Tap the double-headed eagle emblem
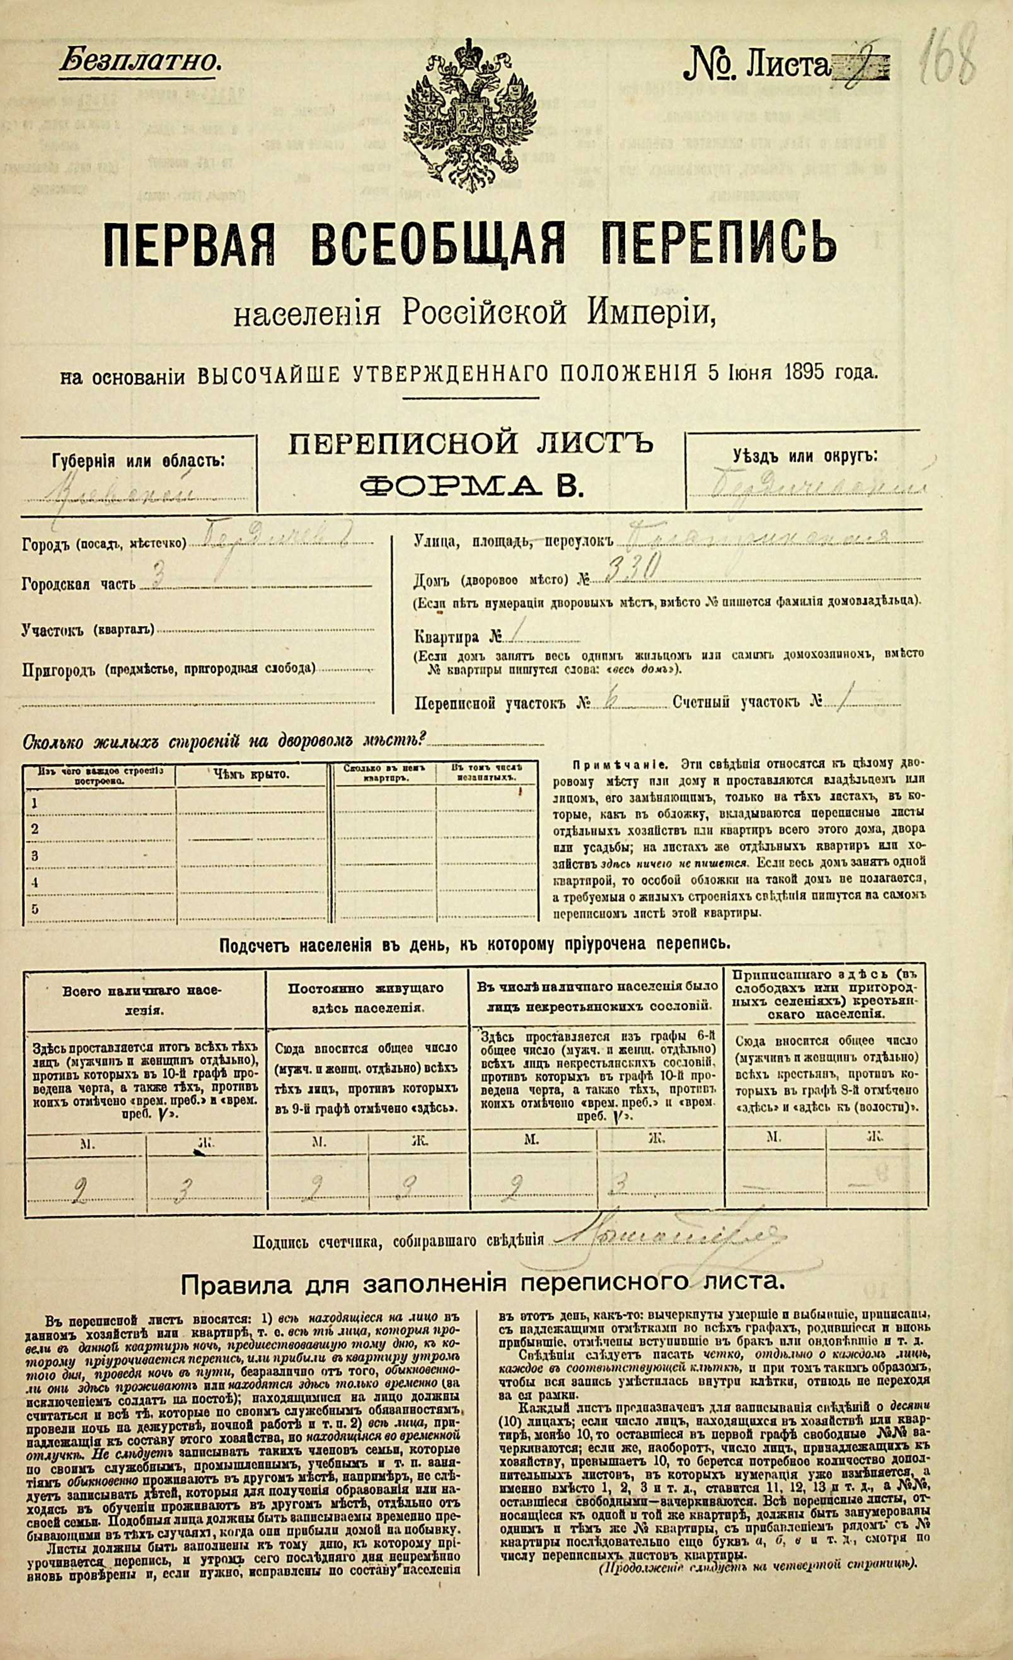click(x=469, y=114)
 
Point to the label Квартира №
click(x=457, y=637)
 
